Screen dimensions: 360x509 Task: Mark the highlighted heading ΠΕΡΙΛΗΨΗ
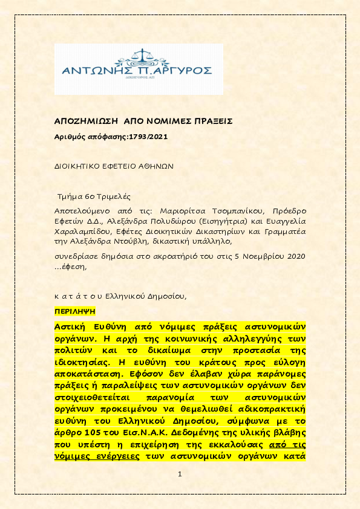pyautogui.click(x=75, y=313)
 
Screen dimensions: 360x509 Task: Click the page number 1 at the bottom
pyautogui.click(x=180, y=474)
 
